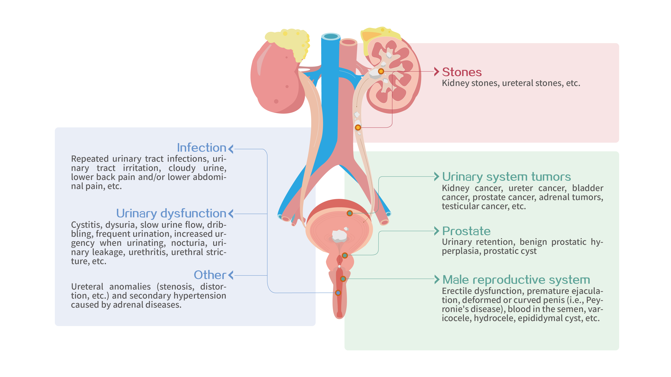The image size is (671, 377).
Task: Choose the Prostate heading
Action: (x=466, y=231)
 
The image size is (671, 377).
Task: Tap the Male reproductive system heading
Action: (x=516, y=280)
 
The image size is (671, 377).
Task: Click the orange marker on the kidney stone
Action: (x=381, y=71)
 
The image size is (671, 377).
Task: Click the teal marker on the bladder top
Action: (x=350, y=213)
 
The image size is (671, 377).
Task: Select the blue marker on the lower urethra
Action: (x=338, y=293)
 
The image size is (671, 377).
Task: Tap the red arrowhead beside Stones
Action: (x=437, y=72)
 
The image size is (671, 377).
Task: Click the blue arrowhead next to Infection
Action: (x=231, y=149)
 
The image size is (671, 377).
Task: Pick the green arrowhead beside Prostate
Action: (x=437, y=231)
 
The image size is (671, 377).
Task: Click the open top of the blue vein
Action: (x=331, y=36)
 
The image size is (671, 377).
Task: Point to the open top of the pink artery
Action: (x=348, y=42)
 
